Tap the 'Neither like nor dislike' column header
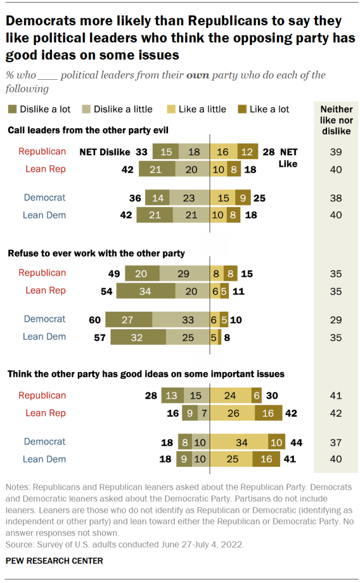tap(336, 120)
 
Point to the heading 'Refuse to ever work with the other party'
tap(96, 253)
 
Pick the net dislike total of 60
tap(95, 319)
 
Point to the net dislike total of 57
tap(100, 337)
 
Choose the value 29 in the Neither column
tap(336, 319)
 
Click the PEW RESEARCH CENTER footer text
tap(54, 561)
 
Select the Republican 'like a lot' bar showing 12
tap(248, 152)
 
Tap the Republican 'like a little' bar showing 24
tap(231, 396)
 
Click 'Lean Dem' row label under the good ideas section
tap(44, 459)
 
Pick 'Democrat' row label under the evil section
tap(44, 198)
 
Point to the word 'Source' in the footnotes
tap(18, 544)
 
